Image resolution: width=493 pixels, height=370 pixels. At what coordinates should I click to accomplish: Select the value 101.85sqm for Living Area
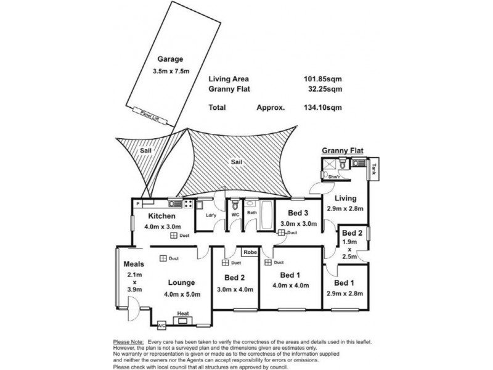(324, 79)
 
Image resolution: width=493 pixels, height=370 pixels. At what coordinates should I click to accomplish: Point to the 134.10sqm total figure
(324, 107)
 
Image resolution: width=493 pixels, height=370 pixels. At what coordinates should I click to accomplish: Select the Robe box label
(249, 252)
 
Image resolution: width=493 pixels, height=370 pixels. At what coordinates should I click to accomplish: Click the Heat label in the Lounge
(183, 314)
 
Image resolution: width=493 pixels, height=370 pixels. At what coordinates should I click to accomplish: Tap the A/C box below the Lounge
(161, 325)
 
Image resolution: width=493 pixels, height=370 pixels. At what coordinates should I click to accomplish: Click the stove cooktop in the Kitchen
(189, 203)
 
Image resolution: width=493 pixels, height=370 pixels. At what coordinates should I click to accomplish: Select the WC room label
(235, 214)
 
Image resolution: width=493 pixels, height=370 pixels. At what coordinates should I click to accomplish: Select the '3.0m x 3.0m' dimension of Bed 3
(298, 223)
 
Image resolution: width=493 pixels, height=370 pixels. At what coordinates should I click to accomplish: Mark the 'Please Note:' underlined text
(128, 341)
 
